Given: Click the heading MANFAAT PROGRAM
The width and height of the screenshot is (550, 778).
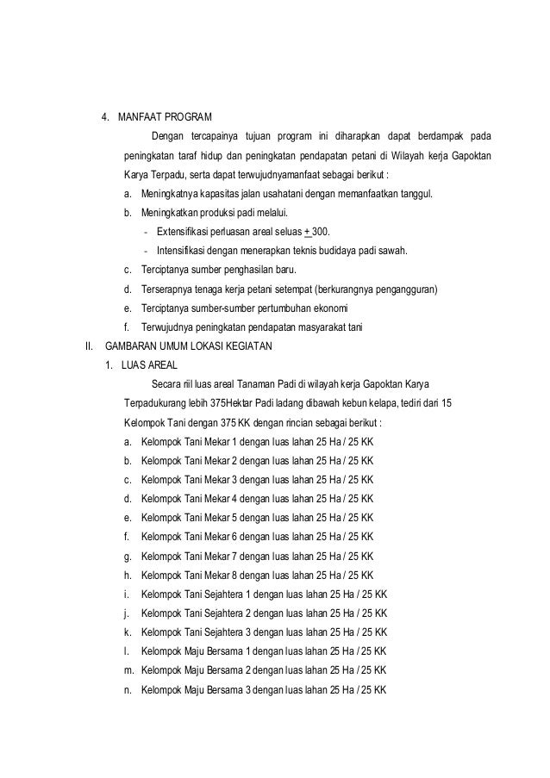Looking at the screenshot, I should click(x=163, y=116).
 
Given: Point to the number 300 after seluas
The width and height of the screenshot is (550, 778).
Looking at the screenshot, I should click(x=321, y=232).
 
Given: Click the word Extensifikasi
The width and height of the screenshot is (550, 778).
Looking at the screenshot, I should click(x=188, y=232).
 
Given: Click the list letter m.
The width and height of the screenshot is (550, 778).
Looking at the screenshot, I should click(x=128, y=671).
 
